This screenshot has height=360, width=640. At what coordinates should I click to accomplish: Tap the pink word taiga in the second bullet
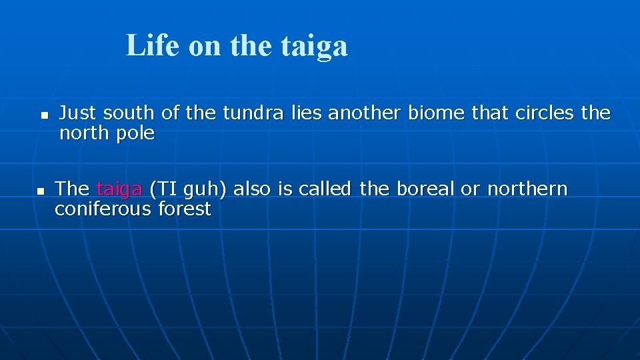pos(119,189)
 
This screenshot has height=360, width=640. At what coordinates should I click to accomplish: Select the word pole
pos(135,134)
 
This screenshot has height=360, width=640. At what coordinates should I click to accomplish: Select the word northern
pos(527,189)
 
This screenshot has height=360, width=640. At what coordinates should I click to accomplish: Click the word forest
pos(185,209)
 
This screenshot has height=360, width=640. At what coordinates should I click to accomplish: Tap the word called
pos(325,189)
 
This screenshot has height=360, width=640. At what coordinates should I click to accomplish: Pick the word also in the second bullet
pos(252,189)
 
